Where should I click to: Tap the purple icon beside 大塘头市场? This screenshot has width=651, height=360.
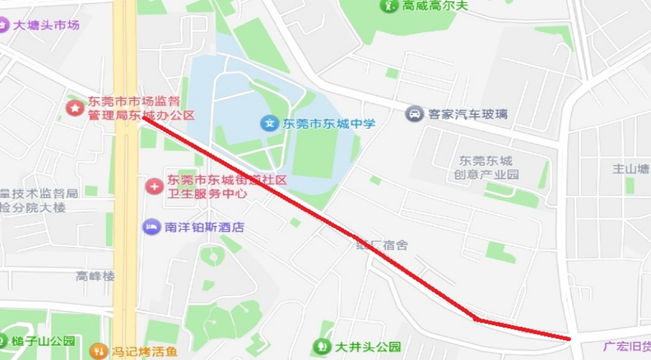[4, 25]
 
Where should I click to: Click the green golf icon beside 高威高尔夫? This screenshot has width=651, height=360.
[390, 6]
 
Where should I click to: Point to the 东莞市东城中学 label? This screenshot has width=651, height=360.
[329, 123]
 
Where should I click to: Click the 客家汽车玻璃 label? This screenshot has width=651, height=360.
[467, 114]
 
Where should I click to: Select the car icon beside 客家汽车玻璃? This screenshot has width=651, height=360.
[414, 114]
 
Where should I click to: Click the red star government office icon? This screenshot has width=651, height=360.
[74, 108]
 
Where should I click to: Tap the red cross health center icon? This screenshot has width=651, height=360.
[154, 185]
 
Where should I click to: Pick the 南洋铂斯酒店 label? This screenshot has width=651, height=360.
[204, 227]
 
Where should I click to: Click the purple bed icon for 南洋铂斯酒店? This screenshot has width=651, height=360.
[151, 227]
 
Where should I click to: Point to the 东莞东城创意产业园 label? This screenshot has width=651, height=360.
[486, 167]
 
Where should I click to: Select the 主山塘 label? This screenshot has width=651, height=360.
[631, 169]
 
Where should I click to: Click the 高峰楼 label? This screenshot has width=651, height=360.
[96, 276]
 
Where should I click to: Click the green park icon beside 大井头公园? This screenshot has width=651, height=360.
[322, 346]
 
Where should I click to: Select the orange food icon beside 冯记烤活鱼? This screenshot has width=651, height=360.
[98, 351]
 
